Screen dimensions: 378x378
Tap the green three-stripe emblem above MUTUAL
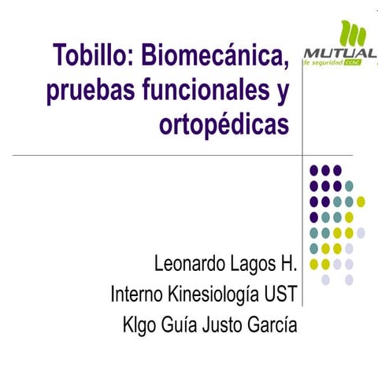click(x=352, y=33)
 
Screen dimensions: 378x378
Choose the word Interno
click(x=138, y=295)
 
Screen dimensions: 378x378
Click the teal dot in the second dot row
click(x=349, y=186)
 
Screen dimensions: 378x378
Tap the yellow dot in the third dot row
click(x=361, y=201)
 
